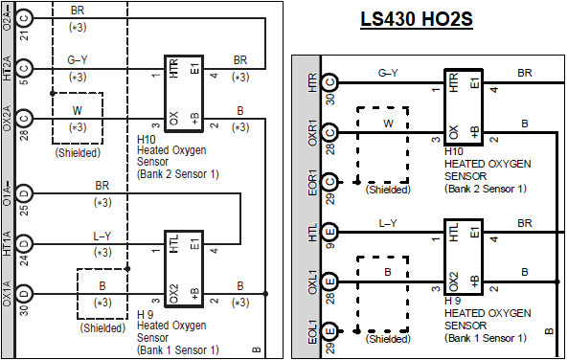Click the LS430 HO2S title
click(x=417, y=19)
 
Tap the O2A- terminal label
click(x=8, y=16)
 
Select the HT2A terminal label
click(x=8, y=68)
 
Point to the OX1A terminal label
click(x=8, y=293)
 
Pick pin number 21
click(x=24, y=35)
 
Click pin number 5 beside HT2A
click(x=24, y=82)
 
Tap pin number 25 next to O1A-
click(x=24, y=210)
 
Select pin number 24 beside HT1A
click(x=24, y=260)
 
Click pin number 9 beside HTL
click(x=330, y=246)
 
